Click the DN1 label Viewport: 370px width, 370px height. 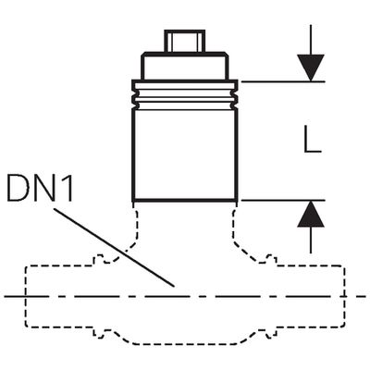tap(40, 187)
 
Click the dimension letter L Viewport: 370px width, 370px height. tap(313, 139)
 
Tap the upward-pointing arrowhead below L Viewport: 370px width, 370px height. tap(311, 214)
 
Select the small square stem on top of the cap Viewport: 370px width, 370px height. tap(185, 41)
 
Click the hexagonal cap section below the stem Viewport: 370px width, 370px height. tap(185, 67)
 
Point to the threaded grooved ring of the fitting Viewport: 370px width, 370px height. tap(185, 94)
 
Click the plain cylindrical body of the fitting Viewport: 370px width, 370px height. tap(185, 155)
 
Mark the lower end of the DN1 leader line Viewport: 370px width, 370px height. tap(174, 286)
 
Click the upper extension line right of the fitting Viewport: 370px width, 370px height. tap(283, 81)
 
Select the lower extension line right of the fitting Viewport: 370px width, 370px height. tap(283, 201)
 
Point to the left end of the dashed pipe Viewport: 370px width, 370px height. tap(26, 296)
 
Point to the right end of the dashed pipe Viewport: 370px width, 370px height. tap(344, 296)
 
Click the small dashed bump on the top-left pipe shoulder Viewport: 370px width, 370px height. tap(103, 259)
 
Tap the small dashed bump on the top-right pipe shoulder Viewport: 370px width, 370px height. tap(267, 259)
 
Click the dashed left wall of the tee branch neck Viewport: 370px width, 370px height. tap(135, 228)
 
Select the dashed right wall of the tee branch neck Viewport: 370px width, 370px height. tap(234, 228)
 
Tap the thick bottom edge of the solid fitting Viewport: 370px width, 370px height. tap(185, 201)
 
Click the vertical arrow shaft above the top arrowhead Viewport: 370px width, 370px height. tap(311, 40)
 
